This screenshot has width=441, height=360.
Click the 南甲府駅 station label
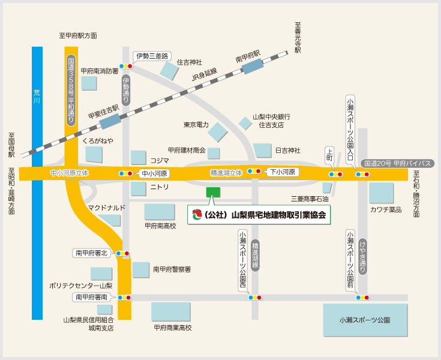coord(248,59)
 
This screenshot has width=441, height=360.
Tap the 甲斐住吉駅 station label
coord(103,112)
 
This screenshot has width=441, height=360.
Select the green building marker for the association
coord(213,193)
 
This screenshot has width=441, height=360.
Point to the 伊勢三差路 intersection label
coord(152,56)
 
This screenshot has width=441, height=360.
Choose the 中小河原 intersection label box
coord(155,173)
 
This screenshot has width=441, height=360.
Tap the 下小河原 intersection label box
coord(283,172)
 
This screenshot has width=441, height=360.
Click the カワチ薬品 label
coord(386,209)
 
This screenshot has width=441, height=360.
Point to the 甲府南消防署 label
coord(100,70)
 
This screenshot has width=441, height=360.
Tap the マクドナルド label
coord(106,208)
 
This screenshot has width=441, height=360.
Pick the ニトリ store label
coord(159,187)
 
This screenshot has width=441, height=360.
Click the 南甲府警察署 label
coord(172,269)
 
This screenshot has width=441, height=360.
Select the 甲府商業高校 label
coord(172,328)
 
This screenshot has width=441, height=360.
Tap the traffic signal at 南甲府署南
coord(124,297)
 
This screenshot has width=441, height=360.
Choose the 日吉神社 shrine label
coord(287,150)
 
